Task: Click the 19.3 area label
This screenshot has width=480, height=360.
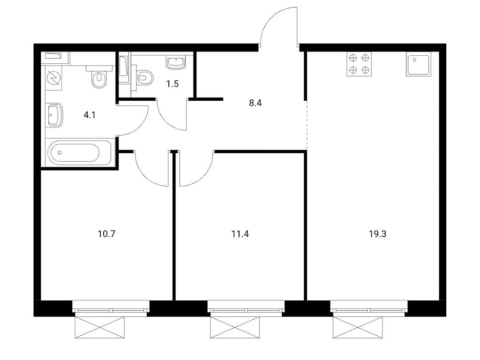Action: pyautogui.click(x=377, y=234)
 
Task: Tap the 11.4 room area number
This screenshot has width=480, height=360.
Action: pyautogui.click(x=240, y=234)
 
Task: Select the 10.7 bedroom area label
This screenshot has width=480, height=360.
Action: pyautogui.click(x=106, y=234)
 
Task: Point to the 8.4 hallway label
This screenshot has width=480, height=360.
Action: pyautogui.click(x=255, y=103)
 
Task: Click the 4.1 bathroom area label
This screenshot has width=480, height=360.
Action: pyautogui.click(x=90, y=115)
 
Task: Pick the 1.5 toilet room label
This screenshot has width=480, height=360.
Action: pyautogui.click(x=172, y=83)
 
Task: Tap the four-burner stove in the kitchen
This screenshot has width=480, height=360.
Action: pyautogui.click(x=359, y=64)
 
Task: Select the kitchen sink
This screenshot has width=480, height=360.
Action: pyautogui.click(x=419, y=64)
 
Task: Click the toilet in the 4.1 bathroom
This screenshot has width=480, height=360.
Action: pyautogui.click(x=99, y=77)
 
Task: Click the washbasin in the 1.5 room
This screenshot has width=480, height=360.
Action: pyautogui.click(x=176, y=62)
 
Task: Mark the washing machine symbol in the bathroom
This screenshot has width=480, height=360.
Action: pyautogui.click(x=54, y=78)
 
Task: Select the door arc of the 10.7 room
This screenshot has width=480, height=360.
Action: pyautogui.click(x=144, y=176)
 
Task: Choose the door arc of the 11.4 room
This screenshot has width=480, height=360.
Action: pyautogui.click(x=203, y=177)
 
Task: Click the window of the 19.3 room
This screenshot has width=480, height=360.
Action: pyautogui.click(x=369, y=307)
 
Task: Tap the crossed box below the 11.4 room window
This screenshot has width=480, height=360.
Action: pyautogui.click(x=235, y=328)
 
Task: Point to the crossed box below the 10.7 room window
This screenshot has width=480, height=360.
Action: pyautogui.click(x=100, y=328)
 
